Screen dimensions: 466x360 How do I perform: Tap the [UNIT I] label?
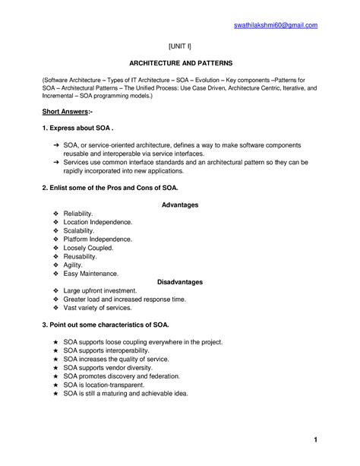coord(180,46)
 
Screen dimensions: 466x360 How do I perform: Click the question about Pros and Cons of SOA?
coord(110,186)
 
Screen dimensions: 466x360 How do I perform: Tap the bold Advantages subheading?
coord(180,205)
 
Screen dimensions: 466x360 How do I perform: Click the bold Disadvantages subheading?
coord(180,282)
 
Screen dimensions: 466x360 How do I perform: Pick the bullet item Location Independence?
coord(98,222)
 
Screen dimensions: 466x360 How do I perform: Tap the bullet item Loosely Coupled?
coord(89,248)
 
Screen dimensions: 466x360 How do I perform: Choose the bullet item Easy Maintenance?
coord(91,273)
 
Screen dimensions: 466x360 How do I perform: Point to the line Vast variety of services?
coord(98,309)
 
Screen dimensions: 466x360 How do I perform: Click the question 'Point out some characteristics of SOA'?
coord(106,325)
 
